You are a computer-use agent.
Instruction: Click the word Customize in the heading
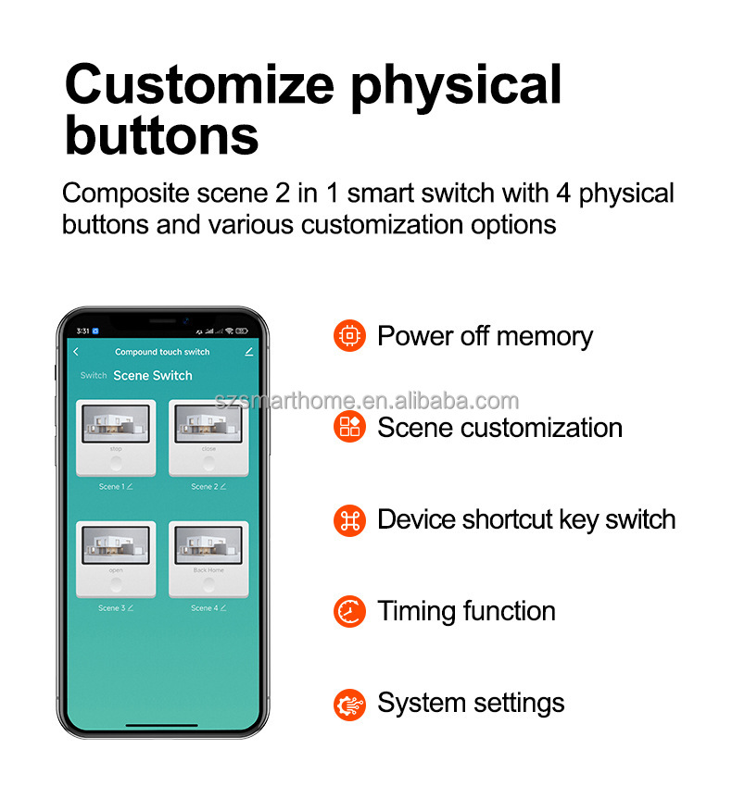(199, 84)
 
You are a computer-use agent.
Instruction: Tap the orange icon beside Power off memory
(349, 335)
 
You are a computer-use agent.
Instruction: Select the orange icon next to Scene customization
(349, 427)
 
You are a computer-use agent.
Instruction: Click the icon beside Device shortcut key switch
(349, 519)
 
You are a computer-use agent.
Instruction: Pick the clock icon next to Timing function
(349, 611)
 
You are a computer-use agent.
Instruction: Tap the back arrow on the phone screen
(76, 352)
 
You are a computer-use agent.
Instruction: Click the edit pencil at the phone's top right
(248, 352)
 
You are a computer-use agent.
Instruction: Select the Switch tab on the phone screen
(94, 376)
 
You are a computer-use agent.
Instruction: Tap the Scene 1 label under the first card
(110, 486)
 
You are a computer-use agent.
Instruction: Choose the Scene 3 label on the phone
(110, 608)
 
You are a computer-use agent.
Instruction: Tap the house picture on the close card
(208, 423)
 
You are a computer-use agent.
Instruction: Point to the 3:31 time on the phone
(83, 331)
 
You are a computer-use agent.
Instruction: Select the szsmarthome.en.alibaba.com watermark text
(366, 401)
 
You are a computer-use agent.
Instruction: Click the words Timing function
(466, 611)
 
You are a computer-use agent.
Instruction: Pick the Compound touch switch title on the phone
(162, 352)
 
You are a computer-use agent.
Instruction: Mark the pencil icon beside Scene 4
(222, 608)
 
